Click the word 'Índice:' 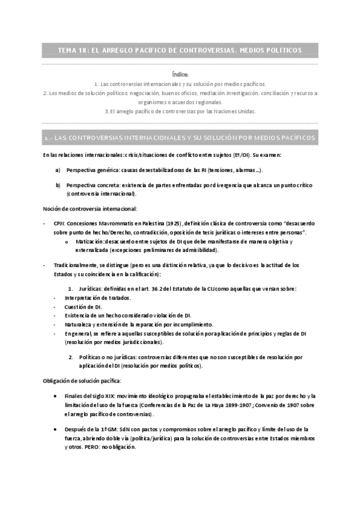(x=180, y=74)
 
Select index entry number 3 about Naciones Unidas (x=180, y=111)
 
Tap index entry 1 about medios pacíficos (x=180, y=84)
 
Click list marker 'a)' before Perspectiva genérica (x=58, y=170)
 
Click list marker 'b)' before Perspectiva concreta (x=58, y=185)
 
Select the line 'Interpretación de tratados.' (x=97, y=298)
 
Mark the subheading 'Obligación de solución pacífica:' (x=82, y=381)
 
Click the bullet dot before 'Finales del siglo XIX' (x=55, y=396)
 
